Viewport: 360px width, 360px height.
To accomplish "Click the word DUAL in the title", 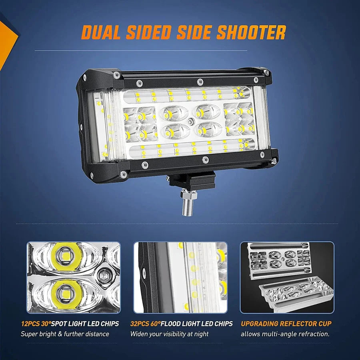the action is pyautogui.click(x=101, y=32).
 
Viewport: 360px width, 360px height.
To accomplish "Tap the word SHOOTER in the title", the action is pyautogui.click(x=251, y=32).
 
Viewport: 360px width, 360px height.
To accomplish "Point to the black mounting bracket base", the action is pyautogui.click(x=192, y=180).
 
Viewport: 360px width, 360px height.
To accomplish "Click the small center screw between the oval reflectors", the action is pyautogui.click(x=190, y=122).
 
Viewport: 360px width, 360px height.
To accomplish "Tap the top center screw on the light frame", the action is pyautogui.click(x=200, y=82).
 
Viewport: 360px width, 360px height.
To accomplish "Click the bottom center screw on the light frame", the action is pyautogui.click(x=206, y=160).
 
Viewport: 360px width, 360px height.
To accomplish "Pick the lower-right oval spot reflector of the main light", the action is pyautogui.click(x=208, y=130).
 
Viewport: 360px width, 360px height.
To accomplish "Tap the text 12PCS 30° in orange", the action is pyautogui.click(x=36, y=324).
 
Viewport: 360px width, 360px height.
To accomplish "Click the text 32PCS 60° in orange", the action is pyautogui.click(x=145, y=324).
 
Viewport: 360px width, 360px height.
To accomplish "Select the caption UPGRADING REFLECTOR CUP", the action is pyautogui.click(x=286, y=324).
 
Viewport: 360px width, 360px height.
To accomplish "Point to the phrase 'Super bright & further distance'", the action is pyautogui.click(x=65, y=334).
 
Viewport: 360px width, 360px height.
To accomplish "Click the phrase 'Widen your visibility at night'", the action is pyautogui.click(x=170, y=334).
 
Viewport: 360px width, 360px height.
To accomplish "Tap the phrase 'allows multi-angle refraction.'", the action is pyautogui.click(x=285, y=334).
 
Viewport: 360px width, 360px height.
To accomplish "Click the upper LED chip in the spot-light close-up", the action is pyautogui.click(x=66, y=256).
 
